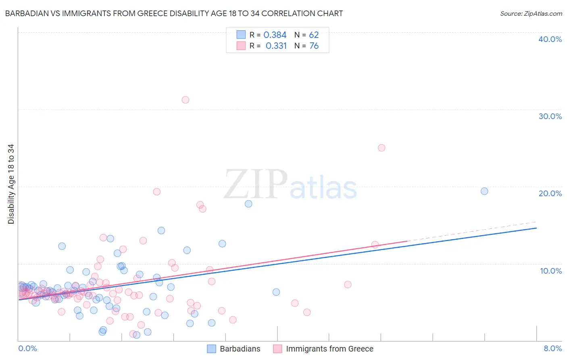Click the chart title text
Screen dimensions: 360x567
tap(174, 13)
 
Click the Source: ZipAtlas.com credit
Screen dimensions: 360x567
tap(531, 13)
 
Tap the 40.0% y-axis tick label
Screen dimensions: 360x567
tap(550, 39)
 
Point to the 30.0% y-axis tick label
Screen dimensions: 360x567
tap(550, 116)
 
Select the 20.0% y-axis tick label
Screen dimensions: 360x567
tap(550, 193)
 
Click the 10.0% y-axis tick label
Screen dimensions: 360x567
tap(551, 271)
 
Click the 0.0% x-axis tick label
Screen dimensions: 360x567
tap(27, 348)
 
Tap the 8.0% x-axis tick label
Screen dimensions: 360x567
tap(552, 348)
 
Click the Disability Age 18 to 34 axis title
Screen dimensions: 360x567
tap(11, 184)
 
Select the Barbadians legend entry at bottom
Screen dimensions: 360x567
tap(234, 349)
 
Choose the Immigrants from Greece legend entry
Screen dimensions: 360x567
tap(323, 349)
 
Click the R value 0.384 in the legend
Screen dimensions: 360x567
tap(275, 35)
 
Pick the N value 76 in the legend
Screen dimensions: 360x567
tap(314, 46)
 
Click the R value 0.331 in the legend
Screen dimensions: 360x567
tap(276, 46)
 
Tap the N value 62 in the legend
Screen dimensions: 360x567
tap(314, 35)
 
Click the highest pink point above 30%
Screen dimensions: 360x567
tap(186, 100)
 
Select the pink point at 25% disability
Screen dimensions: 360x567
tap(381, 148)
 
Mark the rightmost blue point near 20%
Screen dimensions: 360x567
tap(484, 191)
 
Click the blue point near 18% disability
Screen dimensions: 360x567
tap(248, 204)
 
